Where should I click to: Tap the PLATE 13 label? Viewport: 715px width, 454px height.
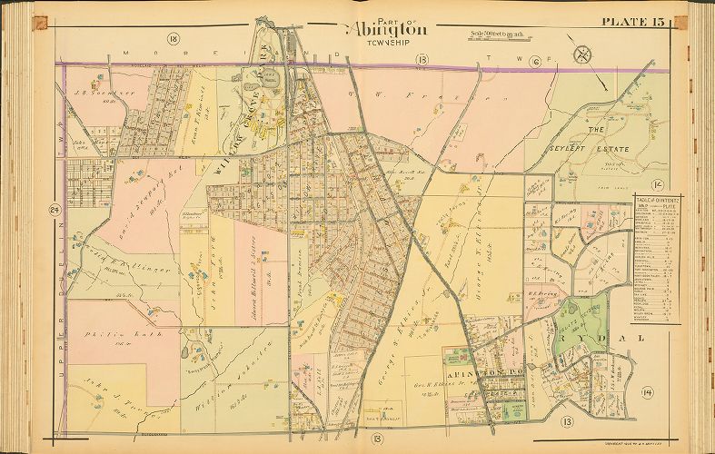(635, 24)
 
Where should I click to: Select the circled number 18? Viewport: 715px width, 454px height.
(172, 38)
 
